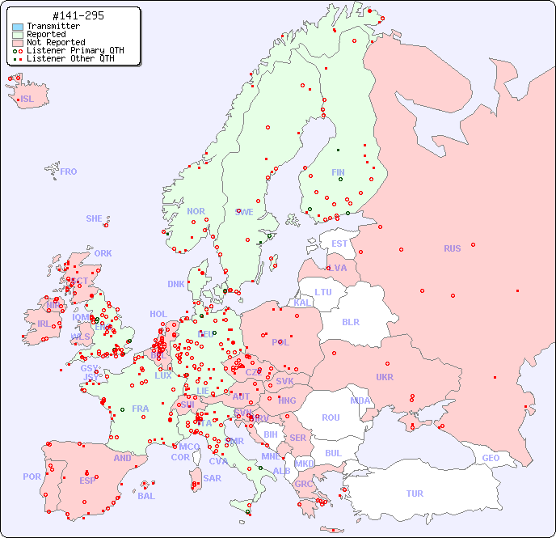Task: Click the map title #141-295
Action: pyautogui.click(x=77, y=15)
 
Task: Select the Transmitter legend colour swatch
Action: pyautogui.click(x=18, y=27)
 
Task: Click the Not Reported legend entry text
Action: pyautogui.click(x=55, y=42)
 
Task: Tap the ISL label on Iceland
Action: pyautogui.click(x=27, y=100)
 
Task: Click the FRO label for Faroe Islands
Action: pyautogui.click(x=69, y=172)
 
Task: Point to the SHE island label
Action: pyautogui.click(x=95, y=218)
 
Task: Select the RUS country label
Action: pyautogui.click(x=452, y=248)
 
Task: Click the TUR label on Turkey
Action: pyautogui.click(x=415, y=494)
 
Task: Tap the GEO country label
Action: pyautogui.click(x=491, y=458)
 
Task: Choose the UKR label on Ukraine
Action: pyautogui.click(x=385, y=377)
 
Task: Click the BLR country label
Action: pyautogui.click(x=350, y=321)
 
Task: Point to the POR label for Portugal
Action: pyautogui.click(x=32, y=477)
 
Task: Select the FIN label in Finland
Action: pyautogui.click(x=338, y=172)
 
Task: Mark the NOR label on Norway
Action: pyautogui.click(x=196, y=211)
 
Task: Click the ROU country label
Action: pyautogui.click(x=331, y=417)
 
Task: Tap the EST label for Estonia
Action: pyautogui.click(x=339, y=244)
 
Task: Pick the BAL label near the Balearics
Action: pyautogui.click(x=146, y=496)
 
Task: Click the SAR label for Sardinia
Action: pyautogui.click(x=212, y=478)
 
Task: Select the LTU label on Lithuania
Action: pyautogui.click(x=323, y=292)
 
